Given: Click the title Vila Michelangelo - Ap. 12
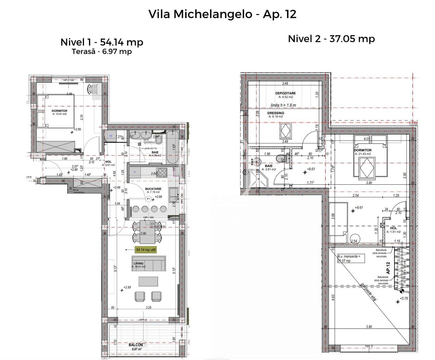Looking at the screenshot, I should pyautogui.click(x=222, y=14).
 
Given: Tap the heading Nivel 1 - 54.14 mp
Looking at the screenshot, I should pyautogui.click(x=102, y=42).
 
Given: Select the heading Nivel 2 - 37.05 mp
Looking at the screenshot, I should pyautogui.click(x=331, y=39).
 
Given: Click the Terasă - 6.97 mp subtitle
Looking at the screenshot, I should pyautogui.click(x=102, y=52).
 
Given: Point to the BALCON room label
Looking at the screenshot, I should pyautogui.click(x=136, y=345).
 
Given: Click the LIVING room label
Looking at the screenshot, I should pyautogui.click(x=138, y=263).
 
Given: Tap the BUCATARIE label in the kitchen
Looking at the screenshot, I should pyautogui.click(x=153, y=189).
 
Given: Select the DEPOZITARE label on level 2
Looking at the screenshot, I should pyautogui.click(x=285, y=93).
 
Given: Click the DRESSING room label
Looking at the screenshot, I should pyautogui.click(x=276, y=113).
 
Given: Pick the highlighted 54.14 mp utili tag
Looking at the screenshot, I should pyautogui.click(x=146, y=249).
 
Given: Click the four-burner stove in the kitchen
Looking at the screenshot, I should pyautogui.click(x=162, y=172).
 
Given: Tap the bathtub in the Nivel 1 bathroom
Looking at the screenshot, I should pyautogui.click(x=173, y=147).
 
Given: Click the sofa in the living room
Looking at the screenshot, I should pyautogui.click(x=149, y=264).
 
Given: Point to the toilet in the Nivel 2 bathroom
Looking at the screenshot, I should pyautogui.click(x=280, y=158).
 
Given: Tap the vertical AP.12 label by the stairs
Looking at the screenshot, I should pyautogui.click(x=388, y=268).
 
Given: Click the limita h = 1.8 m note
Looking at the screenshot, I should pyautogui.click(x=283, y=105).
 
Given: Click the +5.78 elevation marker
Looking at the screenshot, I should pyautogui.click(x=404, y=298).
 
